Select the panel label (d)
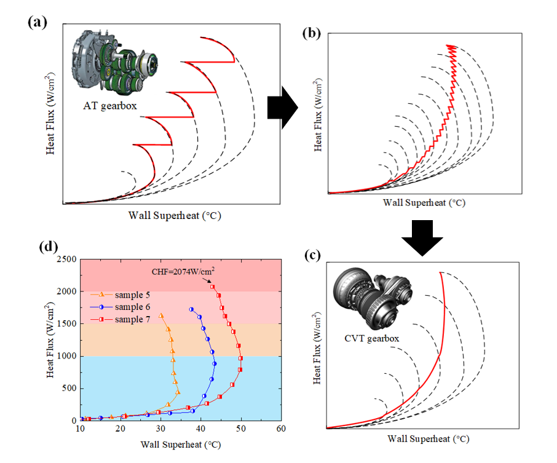click(49, 247)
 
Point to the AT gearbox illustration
click(117, 63)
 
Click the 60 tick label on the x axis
click(281, 429)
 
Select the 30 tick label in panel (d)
click(160, 429)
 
